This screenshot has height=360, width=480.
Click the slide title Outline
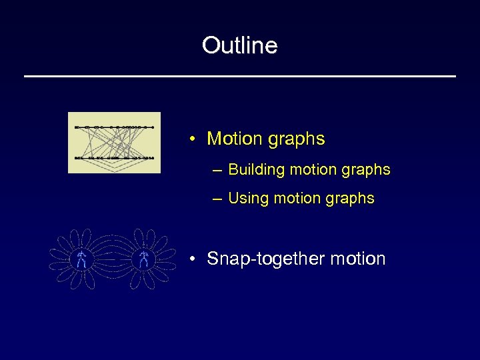(240, 45)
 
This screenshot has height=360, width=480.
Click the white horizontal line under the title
(240, 77)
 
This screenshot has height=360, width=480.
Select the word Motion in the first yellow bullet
(235, 139)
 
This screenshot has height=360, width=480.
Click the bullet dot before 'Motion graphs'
(191, 139)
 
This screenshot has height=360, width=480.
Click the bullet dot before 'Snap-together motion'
(191, 259)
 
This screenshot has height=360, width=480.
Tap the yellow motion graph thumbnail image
(114, 142)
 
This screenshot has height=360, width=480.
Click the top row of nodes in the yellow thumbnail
(114, 126)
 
